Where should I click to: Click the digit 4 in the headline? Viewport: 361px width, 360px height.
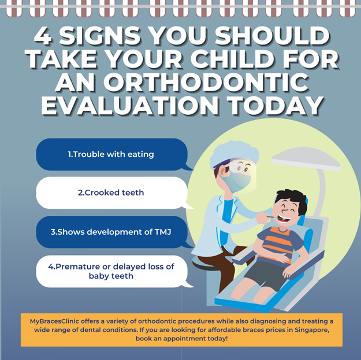(42, 36)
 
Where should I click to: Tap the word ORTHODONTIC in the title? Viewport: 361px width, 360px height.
(206, 82)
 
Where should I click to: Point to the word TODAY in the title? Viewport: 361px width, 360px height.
(276, 106)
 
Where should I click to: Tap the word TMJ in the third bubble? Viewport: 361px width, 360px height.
(163, 232)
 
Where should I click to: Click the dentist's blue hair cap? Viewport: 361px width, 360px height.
(235, 153)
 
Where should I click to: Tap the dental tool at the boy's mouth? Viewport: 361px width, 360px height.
(273, 216)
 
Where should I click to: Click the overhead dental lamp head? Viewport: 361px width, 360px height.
(306, 159)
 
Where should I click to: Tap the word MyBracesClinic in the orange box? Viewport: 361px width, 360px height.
(54, 321)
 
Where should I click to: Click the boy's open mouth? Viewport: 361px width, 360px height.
(284, 219)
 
